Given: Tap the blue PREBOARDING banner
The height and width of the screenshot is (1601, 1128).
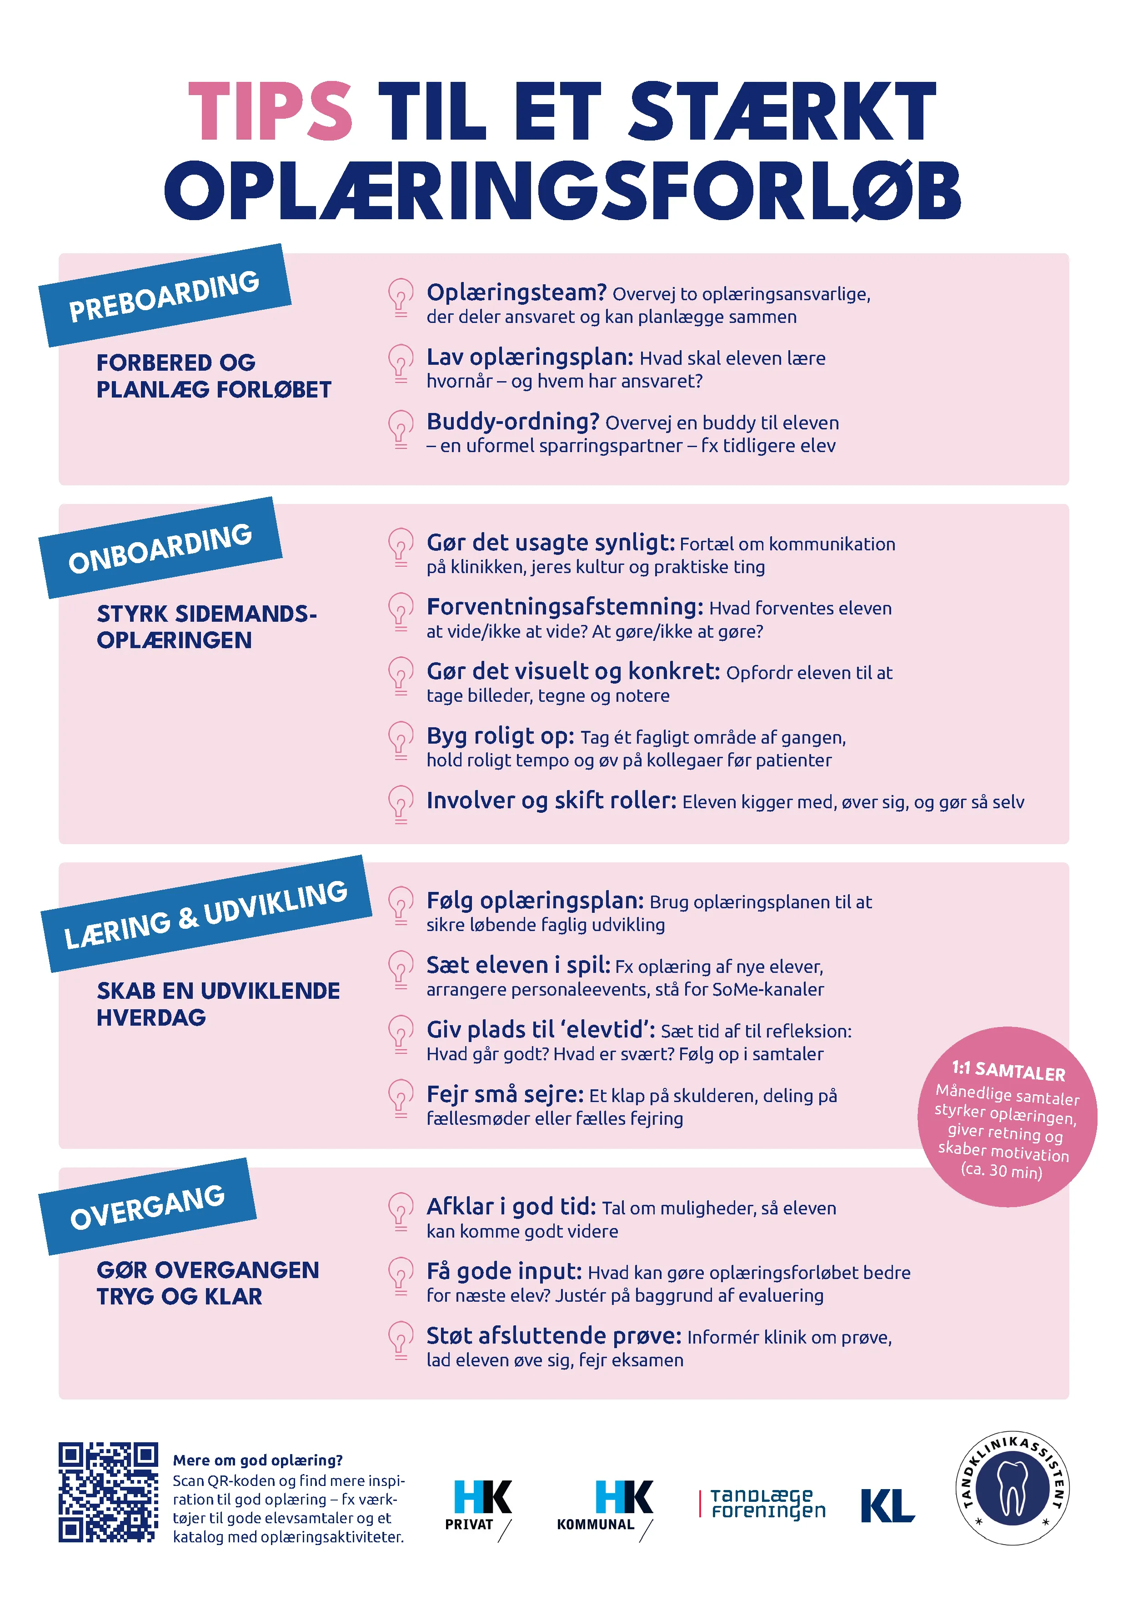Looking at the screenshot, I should tap(165, 295).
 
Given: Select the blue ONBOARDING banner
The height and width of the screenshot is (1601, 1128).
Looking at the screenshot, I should tap(160, 548).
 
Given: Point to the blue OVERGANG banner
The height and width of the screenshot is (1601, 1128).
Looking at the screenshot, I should tap(148, 1206).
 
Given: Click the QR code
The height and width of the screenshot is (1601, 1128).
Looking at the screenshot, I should tap(108, 1492).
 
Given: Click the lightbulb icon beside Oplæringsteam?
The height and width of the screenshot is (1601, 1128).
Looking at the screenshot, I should tap(400, 298).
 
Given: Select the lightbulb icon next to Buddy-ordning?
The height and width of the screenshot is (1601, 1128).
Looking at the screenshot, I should tap(400, 428).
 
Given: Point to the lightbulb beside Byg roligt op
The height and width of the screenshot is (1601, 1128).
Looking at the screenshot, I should tap(400, 740).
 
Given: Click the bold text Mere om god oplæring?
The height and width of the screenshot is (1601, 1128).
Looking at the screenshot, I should tap(258, 1460).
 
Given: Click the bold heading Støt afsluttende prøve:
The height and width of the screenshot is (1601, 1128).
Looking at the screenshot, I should tap(553, 1335).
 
